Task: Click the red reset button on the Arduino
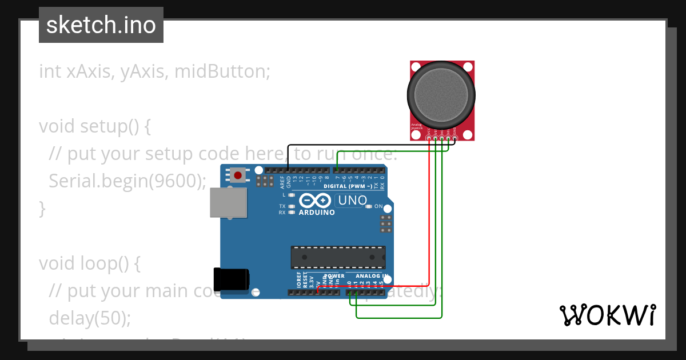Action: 237,175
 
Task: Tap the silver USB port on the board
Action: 228,203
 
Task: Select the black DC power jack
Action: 231,279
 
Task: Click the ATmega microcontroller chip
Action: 338,257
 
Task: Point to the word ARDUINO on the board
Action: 317,212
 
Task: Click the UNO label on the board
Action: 353,201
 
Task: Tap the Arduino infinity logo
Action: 315,201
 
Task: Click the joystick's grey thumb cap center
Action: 441,95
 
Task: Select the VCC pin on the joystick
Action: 429,137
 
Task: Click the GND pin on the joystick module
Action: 454,137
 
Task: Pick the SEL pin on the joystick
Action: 448,137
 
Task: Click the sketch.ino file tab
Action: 101,25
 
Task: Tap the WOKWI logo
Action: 607,315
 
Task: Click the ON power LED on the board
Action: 370,206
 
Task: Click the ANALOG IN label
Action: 372,275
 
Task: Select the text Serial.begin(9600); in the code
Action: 127,181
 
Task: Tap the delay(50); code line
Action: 90,318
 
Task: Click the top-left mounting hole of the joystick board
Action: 416,67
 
